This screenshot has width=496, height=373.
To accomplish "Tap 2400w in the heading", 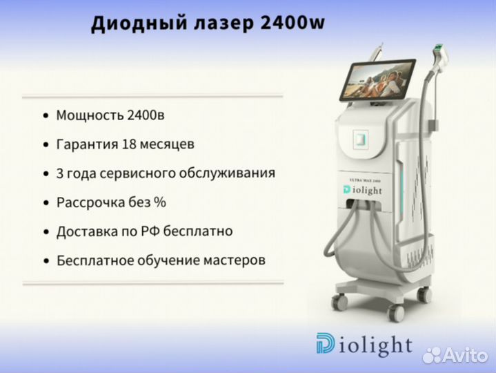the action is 292,23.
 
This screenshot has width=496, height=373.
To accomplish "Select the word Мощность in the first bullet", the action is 90,115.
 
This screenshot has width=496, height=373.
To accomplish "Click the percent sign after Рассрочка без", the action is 160,202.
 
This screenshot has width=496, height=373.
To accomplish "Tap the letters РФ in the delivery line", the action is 150,231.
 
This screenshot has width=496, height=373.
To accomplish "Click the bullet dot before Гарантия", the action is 46,144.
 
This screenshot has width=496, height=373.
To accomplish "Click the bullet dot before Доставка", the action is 46,232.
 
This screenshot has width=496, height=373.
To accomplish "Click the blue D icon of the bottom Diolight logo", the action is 326,343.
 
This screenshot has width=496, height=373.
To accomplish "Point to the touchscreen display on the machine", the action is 377,79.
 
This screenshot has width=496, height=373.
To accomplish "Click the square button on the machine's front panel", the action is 360,140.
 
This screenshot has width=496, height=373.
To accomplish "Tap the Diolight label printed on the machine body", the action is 362,190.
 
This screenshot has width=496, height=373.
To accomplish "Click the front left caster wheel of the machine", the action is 339,301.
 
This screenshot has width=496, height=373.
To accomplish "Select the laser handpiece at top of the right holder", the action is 441,57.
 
